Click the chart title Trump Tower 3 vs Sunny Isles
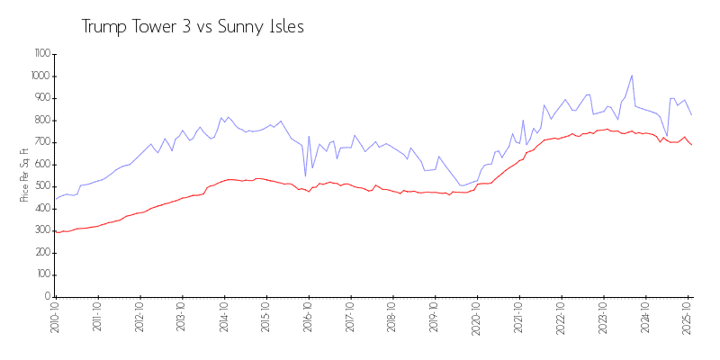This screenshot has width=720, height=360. [193, 27]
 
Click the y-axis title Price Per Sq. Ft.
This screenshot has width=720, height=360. [24, 175]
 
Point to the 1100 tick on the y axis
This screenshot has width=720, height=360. [41, 54]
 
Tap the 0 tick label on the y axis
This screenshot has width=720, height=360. [47, 296]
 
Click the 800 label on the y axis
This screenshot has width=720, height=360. [41, 120]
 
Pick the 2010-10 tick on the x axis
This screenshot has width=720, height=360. [56, 319]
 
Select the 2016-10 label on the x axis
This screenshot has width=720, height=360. [309, 319]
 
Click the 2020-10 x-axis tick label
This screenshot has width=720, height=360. [477, 319]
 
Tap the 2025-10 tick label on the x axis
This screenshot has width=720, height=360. [688, 319]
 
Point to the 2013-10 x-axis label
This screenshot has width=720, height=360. [182, 319]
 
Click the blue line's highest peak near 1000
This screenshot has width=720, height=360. [632, 76]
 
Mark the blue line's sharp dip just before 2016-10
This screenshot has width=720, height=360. [305, 175]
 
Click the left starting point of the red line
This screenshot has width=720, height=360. [55, 230]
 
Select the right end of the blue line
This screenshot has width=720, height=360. [691, 114]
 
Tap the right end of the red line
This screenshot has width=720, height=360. [691, 145]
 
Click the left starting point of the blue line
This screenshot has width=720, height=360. [55, 199]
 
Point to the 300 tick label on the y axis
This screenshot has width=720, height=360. [41, 230]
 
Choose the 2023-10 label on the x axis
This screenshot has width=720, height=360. [603, 319]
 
